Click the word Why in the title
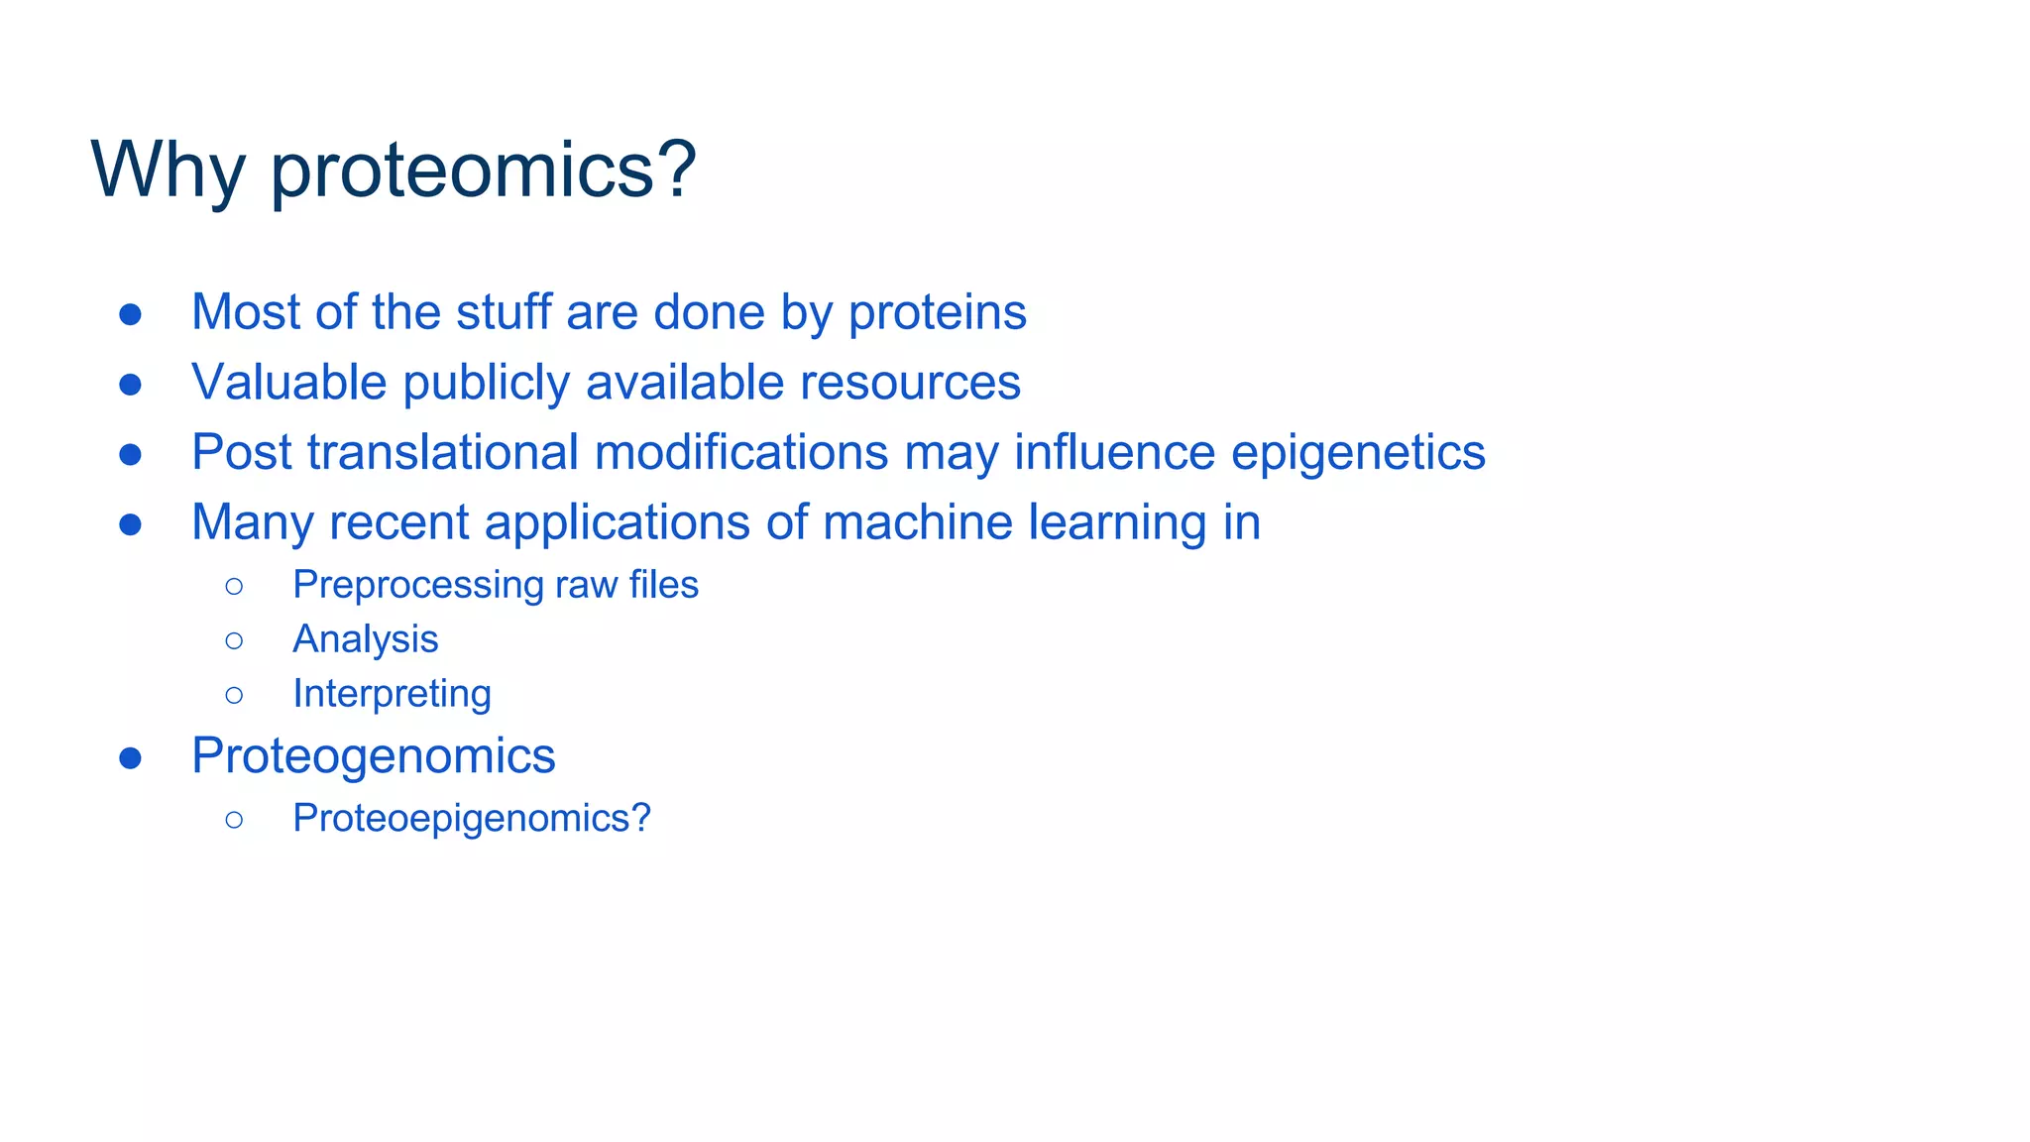pyautogui.click(x=168, y=171)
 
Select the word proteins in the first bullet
pyautogui.click(x=937, y=312)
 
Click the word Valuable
pyautogui.click(x=288, y=383)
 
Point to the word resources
pyautogui.click(x=909, y=383)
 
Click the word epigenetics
pyautogui.click(x=1357, y=453)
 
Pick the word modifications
pyautogui.click(x=740, y=453)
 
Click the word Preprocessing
pyautogui.click(x=417, y=585)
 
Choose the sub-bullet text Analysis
pyautogui.click(x=365, y=639)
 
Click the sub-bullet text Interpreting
pyautogui.click(x=392, y=694)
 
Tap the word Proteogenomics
pyautogui.click(x=373, y=756)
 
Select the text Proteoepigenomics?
pyautogui.click(x=471, y=818)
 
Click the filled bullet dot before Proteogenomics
pyautogui.click(x=130, y=758)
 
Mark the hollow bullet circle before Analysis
pyautogui.click(x=234, y=641)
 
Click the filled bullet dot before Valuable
pyautogui.click(x=130, y=385)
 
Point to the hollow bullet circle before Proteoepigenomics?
pyautogui.click(x=234, y=820)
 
